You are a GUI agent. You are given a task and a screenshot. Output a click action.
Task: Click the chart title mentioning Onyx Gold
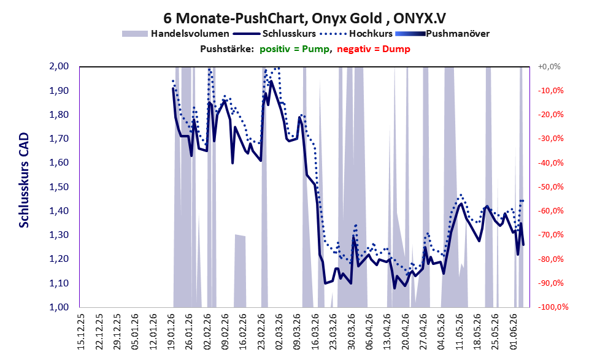[x=304, y=18]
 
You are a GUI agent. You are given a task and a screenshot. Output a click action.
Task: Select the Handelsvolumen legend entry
[x=175, y=34]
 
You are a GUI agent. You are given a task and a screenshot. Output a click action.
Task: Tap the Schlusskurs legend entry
[x=274, y=34]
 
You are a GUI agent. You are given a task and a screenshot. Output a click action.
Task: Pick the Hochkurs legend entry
[x=356, y=34]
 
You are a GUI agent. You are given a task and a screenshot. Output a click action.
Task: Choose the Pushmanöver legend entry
[x=442, y=34]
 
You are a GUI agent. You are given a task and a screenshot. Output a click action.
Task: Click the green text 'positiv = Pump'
[x=295, y=49]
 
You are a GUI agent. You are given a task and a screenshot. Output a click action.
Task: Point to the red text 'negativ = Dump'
[x=374, y=49]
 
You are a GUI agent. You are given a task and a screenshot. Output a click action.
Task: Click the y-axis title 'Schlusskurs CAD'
[x=24, y=180]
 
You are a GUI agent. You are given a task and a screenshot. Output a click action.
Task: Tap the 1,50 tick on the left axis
[x=59, y=187]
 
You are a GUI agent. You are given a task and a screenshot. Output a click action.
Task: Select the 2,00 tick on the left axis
[x=59, y=66]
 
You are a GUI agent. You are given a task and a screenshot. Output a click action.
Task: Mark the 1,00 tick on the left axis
[x=59, y=307]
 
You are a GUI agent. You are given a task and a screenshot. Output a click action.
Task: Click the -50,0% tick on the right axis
[x=550, y=187]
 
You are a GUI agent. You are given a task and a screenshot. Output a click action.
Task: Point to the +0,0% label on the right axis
[x=549, y=67]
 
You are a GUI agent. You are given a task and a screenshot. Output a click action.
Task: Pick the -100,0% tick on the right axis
[x=553, y=307]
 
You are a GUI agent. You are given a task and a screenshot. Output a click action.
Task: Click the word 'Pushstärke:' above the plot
[x=227, y=49]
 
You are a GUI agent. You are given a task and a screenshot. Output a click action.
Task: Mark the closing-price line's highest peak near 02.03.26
[x=271, y=81]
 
